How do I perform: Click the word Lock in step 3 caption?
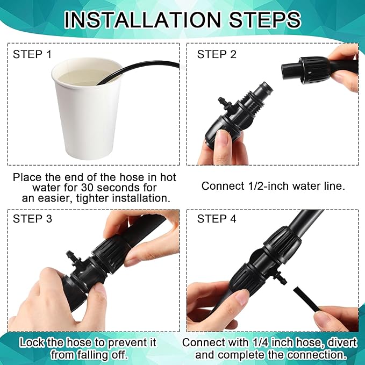32,342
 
